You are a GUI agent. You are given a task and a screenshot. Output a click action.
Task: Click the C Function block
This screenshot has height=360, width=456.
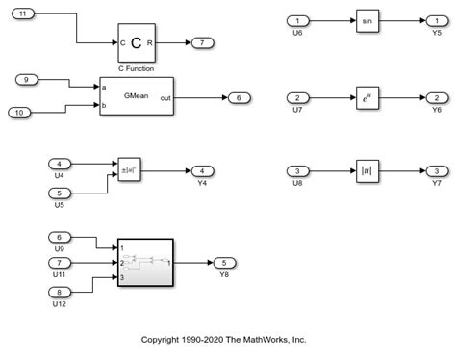[x=136, y=42]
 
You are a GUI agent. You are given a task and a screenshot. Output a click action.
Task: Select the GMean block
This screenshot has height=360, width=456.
[x=136, y=96]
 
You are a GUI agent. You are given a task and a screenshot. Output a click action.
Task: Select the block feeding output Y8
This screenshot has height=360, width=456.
[x=145, y=263]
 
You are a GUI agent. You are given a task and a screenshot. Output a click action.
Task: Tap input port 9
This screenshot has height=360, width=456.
[x=28, y=78]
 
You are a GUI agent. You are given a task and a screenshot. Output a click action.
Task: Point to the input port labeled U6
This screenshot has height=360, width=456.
[x=299, y=20]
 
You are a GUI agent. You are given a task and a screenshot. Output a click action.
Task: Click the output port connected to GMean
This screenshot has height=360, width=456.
[x=237, y=96]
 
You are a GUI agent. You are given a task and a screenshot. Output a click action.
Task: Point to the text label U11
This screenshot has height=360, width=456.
[x=60, y=275]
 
